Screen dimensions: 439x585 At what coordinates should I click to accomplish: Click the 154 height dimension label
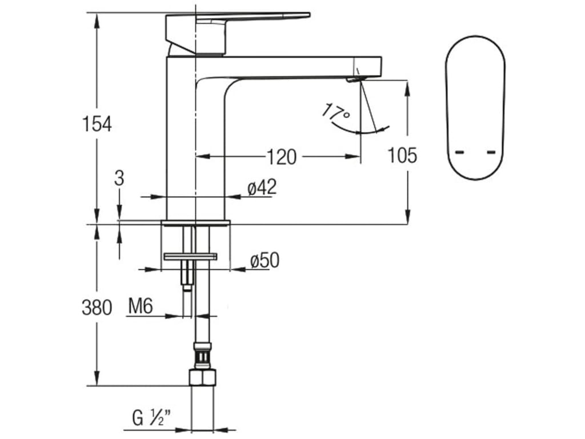pyautogui.click(x=97, y=123)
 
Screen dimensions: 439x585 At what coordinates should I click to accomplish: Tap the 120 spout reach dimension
pyautogui.click(x=282, y=156)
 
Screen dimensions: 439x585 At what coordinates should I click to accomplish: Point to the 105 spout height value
pyautogui.click(x=402, y=155)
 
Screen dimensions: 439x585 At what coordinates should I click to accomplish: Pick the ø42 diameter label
pyautogui.click(x=262, y=187)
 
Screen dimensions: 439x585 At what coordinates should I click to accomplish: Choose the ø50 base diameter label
pyautogui.click(x=265, y=261)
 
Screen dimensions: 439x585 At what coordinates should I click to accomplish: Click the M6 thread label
pyautogui.click(x=140, y=307)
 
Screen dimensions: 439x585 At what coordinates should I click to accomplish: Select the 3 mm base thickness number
pyautogui.click(x=119, y=178)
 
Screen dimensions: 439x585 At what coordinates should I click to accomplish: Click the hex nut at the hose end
pyautogui.click(x=203, y=377)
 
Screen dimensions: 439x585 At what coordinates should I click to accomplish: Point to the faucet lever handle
pyautogui.click(x=251, y=17)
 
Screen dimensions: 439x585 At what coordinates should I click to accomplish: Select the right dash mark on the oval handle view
pyautogui.click(x=491, y=152)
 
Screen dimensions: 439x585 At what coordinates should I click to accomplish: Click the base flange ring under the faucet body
pyautogui.click(x=195, y=222)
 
